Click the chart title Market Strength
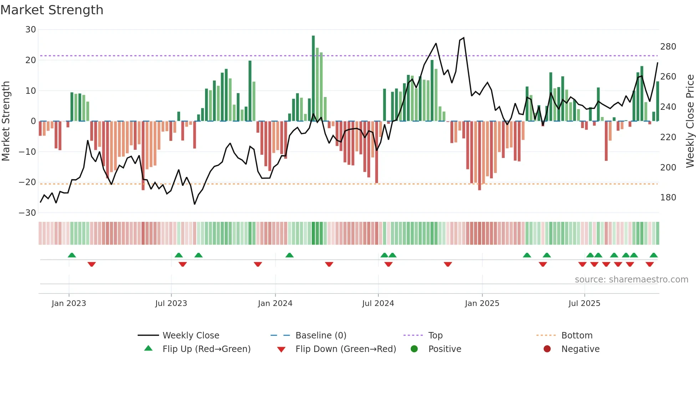tap(52, 10)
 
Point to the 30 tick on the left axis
tap(31, 30)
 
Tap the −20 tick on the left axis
tap(28, 182)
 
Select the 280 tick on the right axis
tap(668, 47)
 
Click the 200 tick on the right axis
tap(668, 167)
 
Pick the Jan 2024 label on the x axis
tap(275, 303)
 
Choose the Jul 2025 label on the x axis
tap(584, 303)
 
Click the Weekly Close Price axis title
tap(690, 121)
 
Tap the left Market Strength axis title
tap(6, 121)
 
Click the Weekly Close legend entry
tap(190, 336)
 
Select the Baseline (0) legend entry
tap(321, 336)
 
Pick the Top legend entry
tap(435, 336)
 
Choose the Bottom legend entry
tap(577, 336)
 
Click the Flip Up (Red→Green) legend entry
tap(206, 349)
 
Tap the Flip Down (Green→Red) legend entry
tap(345, 349)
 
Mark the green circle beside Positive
tap(414, 349)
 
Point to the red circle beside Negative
tap(547, 349)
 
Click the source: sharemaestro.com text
tap(631, 280)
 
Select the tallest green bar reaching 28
tap(313, 78)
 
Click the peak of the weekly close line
tap(463, 38)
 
